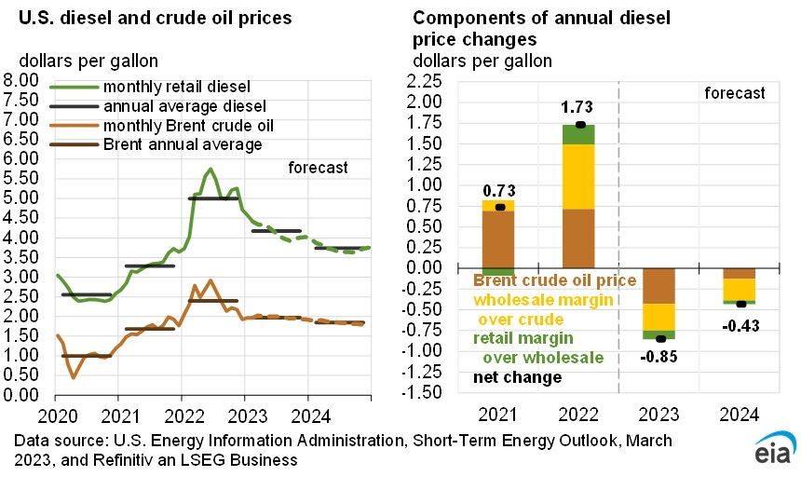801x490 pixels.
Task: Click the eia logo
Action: (772, 448)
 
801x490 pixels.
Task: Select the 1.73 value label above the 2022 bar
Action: (577, 107)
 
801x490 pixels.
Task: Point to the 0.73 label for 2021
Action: (499, 190)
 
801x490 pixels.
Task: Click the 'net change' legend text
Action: (517, 377)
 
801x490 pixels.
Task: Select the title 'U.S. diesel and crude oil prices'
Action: (149, 18)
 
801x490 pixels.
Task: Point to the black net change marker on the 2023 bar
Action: (659, 338)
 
